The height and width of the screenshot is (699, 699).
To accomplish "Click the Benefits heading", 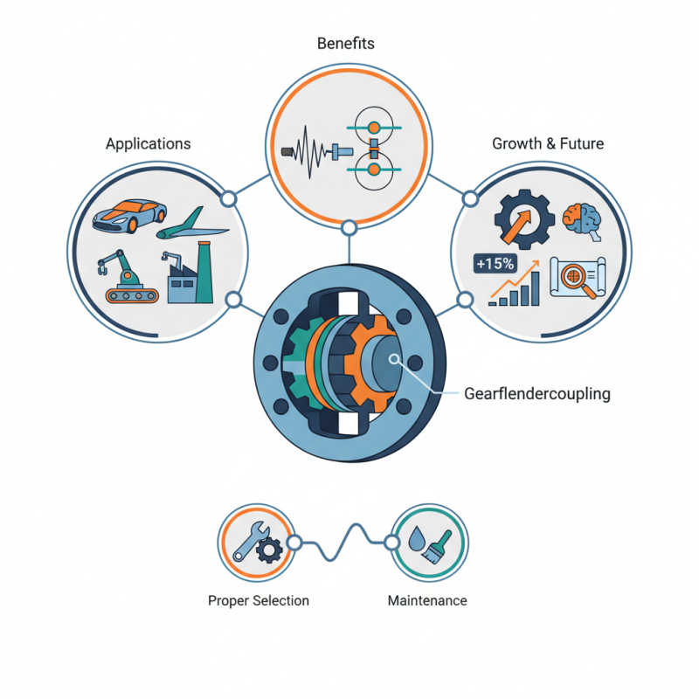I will tap(349, 43).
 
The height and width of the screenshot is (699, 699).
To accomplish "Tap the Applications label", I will tap(148, 143).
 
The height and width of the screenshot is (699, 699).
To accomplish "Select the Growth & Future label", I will tap(548, 143).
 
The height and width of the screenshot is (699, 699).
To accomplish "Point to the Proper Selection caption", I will tap(259, 601).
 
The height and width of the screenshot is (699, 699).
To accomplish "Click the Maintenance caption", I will tap(427, 601).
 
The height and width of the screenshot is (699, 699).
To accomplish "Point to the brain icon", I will tap(579, 219).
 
